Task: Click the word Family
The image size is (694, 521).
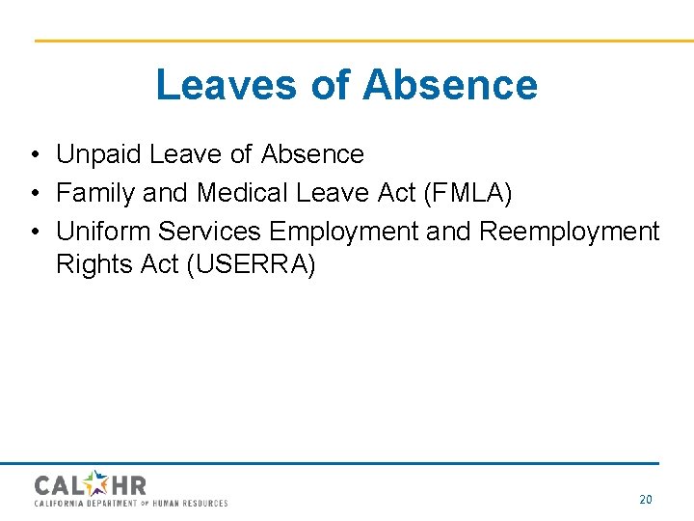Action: click(95, 193)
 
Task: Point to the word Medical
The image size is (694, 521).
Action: click(242, 193)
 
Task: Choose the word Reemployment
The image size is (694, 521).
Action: click(569, 233)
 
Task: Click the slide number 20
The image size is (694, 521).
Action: click(646, 499)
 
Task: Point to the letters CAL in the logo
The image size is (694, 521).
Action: click(60, 484)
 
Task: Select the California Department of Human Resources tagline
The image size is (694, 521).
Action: click(131, 504)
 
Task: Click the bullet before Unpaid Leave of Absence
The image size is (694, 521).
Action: click(34, 155)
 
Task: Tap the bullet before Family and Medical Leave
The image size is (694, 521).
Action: click(34, 194)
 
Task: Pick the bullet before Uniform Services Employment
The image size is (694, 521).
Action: click(34, 233)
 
